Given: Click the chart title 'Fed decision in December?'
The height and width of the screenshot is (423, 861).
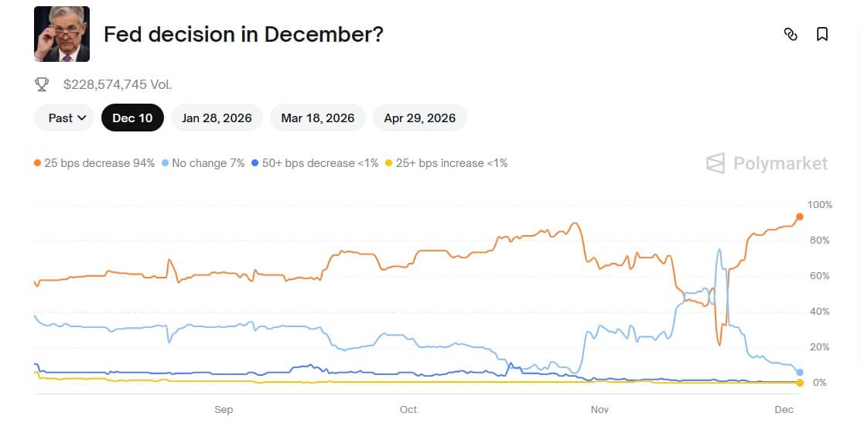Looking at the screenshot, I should click(x=243, y=34).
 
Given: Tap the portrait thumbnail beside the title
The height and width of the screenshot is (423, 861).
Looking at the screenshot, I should click(x=62, y=34).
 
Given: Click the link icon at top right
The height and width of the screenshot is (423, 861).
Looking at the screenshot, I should click(x=790, y=34).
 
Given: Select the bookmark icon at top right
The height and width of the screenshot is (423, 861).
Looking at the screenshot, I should click(x=822, y=34).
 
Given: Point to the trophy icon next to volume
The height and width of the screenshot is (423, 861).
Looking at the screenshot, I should click(x=43, y=84).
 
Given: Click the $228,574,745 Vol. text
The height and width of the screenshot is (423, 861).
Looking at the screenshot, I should click(x=118, y=84).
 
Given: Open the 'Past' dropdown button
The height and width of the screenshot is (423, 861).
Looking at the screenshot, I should click(x=64, y=118).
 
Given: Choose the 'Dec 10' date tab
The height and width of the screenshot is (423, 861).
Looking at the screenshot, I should click(x=132, y=118).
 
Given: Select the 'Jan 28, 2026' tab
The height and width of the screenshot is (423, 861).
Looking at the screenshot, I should click(x=217, y=118).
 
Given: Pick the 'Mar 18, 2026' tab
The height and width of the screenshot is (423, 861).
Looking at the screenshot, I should click(x=318, y=118).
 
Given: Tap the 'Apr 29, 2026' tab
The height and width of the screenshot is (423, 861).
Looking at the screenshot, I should click(x=419, y=118).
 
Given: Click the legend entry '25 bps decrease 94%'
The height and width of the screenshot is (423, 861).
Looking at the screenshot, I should click(x=94, y=163).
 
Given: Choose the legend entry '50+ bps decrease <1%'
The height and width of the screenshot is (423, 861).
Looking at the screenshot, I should click(x=315, y=163).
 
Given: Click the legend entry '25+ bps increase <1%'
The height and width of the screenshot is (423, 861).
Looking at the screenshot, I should click(x=446, y=163).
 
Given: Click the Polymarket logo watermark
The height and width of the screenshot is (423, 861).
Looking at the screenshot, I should click(x=767, y=163).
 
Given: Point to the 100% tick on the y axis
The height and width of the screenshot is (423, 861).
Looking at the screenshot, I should click(x=819, y=205).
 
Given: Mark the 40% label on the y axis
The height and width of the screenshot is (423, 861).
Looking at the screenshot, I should click(x=818, y=312).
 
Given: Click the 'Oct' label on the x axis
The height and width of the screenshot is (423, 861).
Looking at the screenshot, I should click(x=408, y=409).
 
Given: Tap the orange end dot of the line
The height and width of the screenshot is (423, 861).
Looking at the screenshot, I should click(x=800, y=217).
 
